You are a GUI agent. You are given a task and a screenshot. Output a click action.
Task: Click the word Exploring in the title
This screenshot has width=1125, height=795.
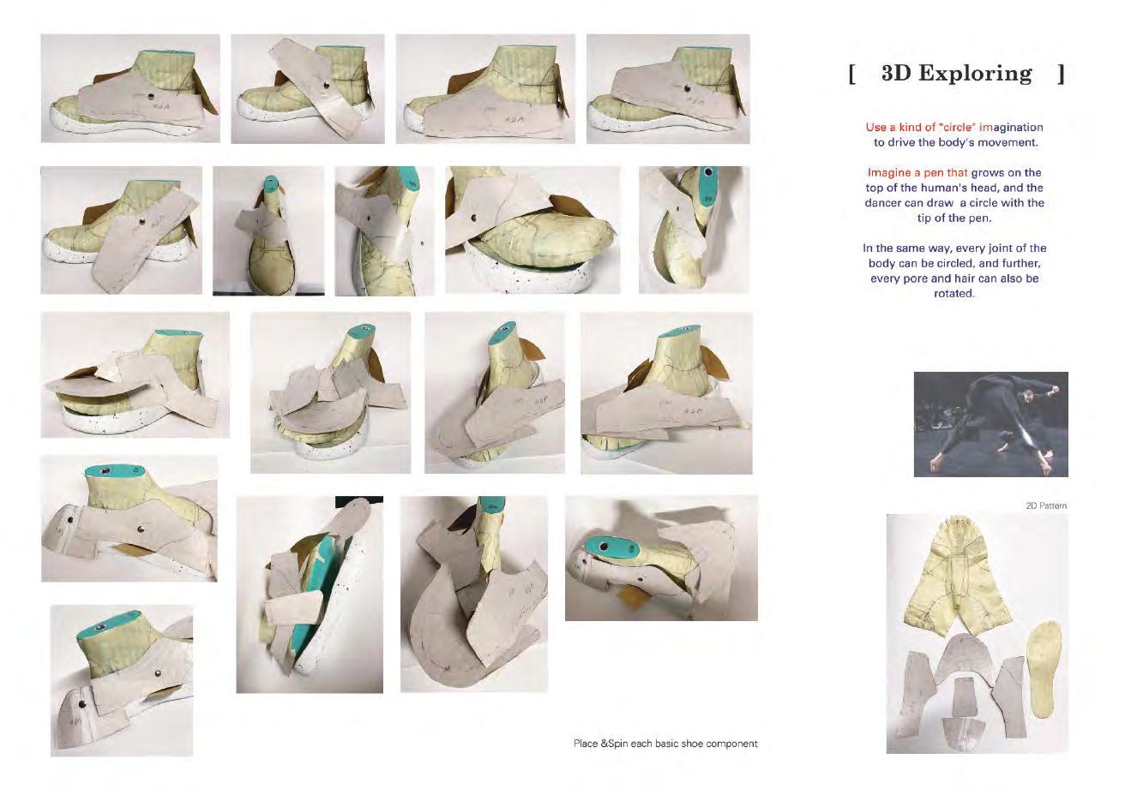click(x=975, y=75)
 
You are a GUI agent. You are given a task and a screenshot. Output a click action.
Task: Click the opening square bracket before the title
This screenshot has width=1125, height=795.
click(x=851, y=75)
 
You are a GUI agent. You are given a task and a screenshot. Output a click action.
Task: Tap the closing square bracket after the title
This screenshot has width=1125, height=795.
click(x=1061, y=75)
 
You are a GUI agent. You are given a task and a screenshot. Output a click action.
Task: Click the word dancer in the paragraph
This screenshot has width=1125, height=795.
click(x=883, y=203)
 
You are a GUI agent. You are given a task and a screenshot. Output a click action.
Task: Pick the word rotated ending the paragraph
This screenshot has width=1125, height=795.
click(x=954, y=293)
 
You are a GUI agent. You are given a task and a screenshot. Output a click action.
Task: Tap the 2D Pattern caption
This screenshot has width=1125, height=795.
click(x=1046, y=505)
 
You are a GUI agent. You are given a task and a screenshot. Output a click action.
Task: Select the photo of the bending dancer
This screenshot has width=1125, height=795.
click(x=990, y=424)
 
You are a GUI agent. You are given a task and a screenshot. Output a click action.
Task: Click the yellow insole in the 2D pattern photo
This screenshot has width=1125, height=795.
click(x=1044, y=669)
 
